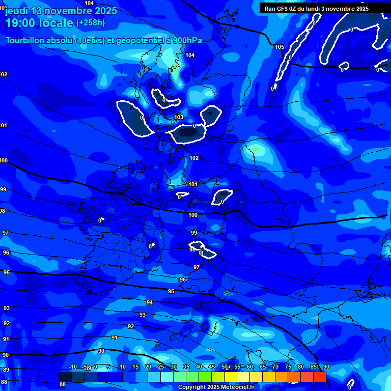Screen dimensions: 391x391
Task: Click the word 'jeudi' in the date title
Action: pos(16,11)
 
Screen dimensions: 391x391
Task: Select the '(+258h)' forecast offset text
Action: pos(91,23)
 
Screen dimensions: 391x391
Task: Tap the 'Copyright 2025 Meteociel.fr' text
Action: pos(216,387)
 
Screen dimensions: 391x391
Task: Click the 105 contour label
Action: pos(280,47)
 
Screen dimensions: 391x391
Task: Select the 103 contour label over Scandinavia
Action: pos(179,118)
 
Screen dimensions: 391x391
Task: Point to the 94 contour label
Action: pos(150,302)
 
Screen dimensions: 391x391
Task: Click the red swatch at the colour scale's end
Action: pos(319,377)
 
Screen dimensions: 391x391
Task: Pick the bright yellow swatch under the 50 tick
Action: pos(231,377)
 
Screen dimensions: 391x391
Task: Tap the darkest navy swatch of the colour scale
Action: pos(65,377)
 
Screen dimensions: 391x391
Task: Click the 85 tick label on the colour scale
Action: pos(313,367)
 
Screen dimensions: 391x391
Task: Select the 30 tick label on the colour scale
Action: pos(173,367)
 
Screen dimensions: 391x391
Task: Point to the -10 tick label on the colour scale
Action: pos(72,367)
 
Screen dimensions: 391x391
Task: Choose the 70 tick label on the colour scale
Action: pos(275,367)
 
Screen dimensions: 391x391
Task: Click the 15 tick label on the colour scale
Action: pos(135,367)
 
